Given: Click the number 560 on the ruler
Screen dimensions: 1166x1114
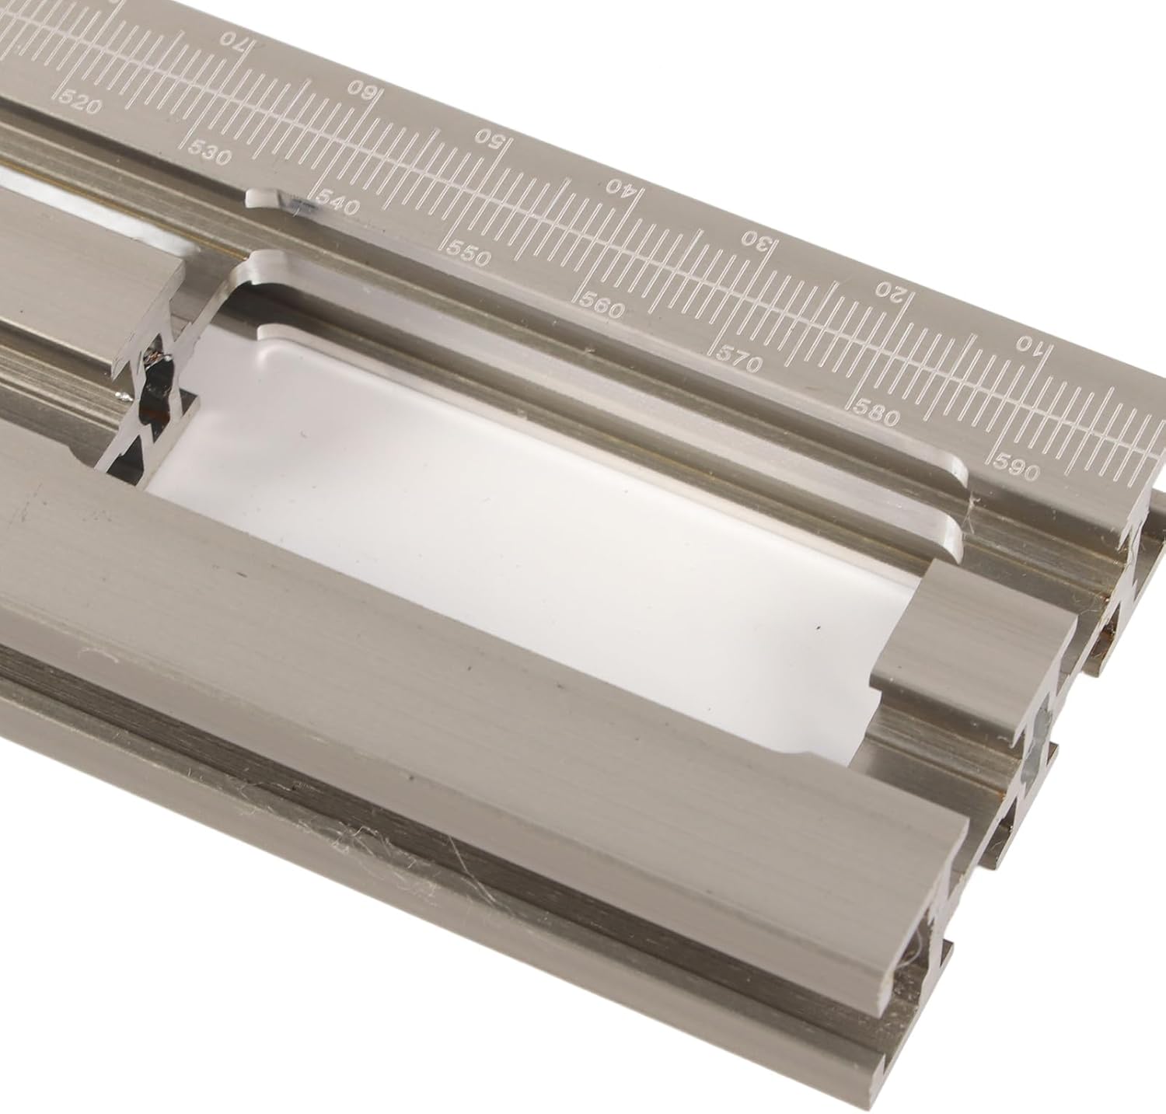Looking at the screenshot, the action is click(602, 308).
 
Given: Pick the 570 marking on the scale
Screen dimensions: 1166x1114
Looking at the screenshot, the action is click(738, 361).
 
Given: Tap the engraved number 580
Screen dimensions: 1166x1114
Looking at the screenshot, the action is click(878, 415).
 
